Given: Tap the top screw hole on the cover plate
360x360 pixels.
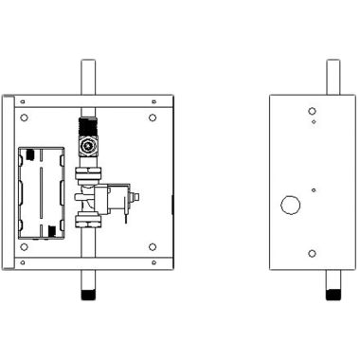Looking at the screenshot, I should [313, 111].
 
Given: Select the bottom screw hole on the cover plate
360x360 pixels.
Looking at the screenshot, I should [313, 253].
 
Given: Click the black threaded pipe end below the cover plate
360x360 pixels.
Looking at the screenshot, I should [333, 295].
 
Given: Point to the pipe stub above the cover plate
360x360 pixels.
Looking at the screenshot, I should [333, 77].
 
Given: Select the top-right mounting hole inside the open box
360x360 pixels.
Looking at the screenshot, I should [152, 118].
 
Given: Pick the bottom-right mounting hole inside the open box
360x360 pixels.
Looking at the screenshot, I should [152, 247].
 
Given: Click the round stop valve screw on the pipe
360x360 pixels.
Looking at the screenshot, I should [88, 147].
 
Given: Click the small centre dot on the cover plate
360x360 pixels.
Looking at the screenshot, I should [314, 189].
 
